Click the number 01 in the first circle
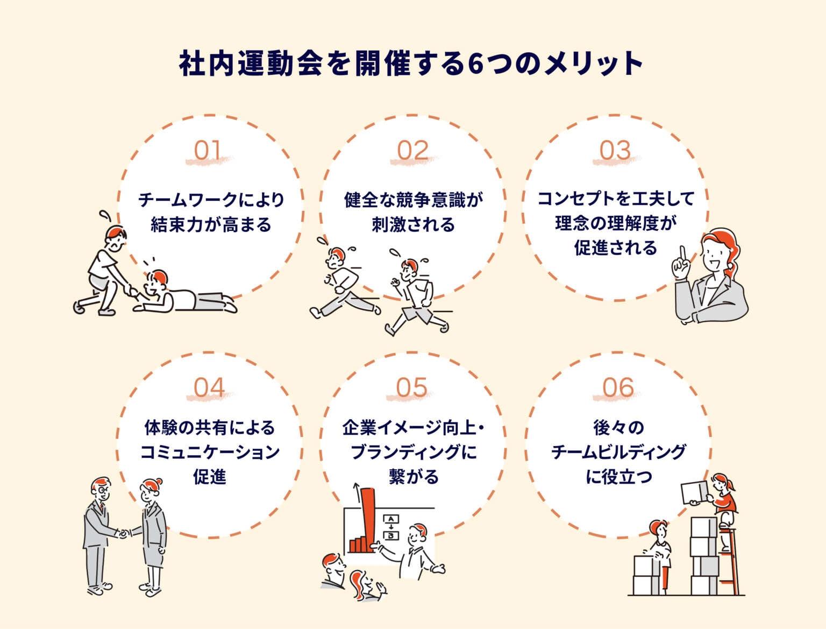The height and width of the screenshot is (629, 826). point(208,151)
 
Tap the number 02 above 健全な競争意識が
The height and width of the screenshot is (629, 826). point(412,151)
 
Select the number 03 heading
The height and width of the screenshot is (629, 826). point(615,151)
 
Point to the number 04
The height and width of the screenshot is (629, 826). point(209,388)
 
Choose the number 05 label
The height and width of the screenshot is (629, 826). point(411,388)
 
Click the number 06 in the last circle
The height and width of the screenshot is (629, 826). point(618,388)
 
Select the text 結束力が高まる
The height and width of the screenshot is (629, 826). point(211,224)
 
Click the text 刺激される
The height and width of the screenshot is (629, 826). point(413,224)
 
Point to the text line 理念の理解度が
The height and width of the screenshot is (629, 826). point(615,223)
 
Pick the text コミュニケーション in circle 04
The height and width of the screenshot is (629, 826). point(210,452)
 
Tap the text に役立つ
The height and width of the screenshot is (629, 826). point(618,477)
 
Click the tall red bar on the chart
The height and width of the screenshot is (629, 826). point(368,517)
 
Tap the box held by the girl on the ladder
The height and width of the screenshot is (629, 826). point(695,492)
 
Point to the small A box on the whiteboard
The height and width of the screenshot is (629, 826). point(391,519)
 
